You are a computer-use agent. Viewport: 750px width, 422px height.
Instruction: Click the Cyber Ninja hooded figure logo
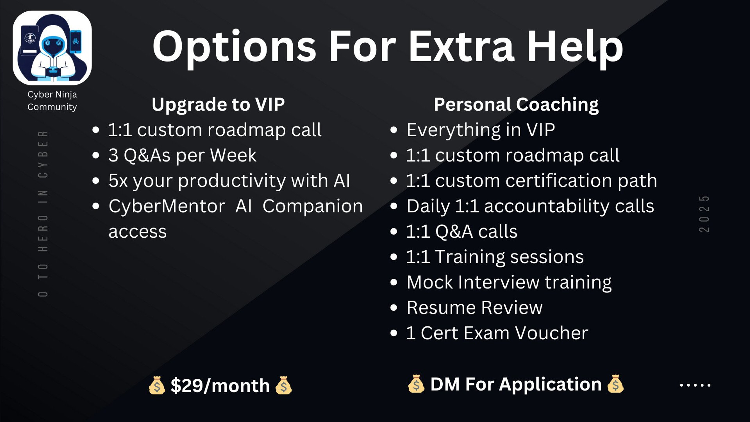coord(52,48)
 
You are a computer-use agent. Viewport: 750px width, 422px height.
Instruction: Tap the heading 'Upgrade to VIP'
coord(218,104)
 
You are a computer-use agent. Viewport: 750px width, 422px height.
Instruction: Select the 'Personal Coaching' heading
coord(516,104)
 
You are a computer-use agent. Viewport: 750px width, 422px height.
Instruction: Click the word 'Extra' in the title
coord(461,47)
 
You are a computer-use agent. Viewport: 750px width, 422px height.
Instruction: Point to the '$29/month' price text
coord(220,385)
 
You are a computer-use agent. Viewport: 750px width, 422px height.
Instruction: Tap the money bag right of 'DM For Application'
coord(616,384)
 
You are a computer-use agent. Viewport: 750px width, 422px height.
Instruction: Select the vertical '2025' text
coord(704,214)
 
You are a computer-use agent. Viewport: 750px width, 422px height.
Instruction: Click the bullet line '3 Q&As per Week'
coord(182,155)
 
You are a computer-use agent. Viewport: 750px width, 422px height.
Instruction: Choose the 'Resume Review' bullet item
coord(475,308)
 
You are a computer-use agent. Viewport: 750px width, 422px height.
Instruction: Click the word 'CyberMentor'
coord(167,206)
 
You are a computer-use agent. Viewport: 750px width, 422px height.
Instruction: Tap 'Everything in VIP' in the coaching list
coord(481,130)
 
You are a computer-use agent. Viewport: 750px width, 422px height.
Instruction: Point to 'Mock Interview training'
coord(509,283)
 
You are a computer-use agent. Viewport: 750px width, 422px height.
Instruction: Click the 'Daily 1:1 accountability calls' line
coord(530,206)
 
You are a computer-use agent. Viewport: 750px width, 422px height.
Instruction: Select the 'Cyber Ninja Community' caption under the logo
coord(52,101)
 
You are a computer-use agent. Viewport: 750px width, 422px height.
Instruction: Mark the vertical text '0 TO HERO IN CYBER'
coord(43,214)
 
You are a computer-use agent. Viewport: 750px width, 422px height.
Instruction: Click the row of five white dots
coord(695,385)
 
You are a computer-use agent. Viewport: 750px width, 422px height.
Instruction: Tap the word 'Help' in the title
coord(575,48)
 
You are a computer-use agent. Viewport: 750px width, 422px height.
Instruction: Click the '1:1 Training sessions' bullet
coord(495,257)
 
